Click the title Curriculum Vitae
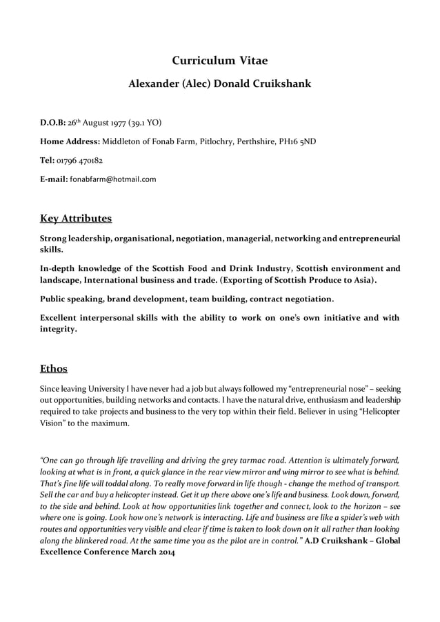[x=219, y=61]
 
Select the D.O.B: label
[x=52, y=123]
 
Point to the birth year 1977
[x=115, y=123]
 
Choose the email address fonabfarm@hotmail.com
[x=113, y=179]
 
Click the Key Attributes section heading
[x=76, y=219]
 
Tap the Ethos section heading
[x=54, y=368]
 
